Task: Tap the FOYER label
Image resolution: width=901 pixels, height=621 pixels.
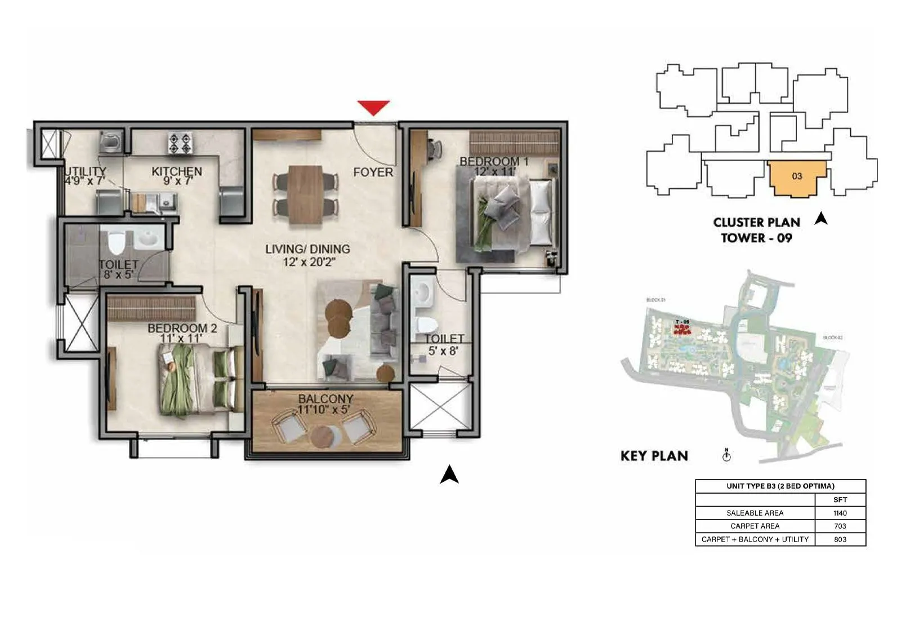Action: [373, 172]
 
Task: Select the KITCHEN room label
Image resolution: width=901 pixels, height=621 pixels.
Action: [177, 171]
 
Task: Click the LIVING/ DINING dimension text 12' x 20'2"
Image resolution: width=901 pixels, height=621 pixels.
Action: [307, 262]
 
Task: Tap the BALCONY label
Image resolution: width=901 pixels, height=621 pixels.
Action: [325, 399]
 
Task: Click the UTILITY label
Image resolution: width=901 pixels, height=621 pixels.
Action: [86, 171]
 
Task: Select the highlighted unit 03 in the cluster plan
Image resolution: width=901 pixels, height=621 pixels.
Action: [796, 177]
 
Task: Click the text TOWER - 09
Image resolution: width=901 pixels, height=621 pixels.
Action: [756, 238]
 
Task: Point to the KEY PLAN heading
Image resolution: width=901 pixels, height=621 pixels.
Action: [654, 456]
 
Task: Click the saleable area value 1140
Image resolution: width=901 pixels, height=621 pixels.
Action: [840, 513]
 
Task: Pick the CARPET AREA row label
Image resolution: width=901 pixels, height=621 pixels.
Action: [755, 526]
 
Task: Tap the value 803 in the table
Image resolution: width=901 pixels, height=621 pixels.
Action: [840, 539]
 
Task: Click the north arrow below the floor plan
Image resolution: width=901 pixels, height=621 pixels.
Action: [449, 474]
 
